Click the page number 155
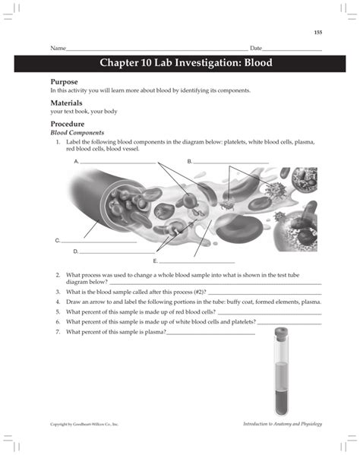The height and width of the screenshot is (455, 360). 317,32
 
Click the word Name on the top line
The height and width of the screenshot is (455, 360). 58,48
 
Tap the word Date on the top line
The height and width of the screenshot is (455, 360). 256,48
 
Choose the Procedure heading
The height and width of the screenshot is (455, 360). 67,123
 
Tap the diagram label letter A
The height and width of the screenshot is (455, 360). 77,162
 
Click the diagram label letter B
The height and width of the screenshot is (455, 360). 190,162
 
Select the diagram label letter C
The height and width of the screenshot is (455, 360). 58,240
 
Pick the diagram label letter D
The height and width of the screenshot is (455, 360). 76,251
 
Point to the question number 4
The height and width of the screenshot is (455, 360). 58,301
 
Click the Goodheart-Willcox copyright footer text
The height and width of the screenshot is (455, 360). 84,423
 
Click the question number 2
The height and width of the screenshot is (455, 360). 58,274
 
